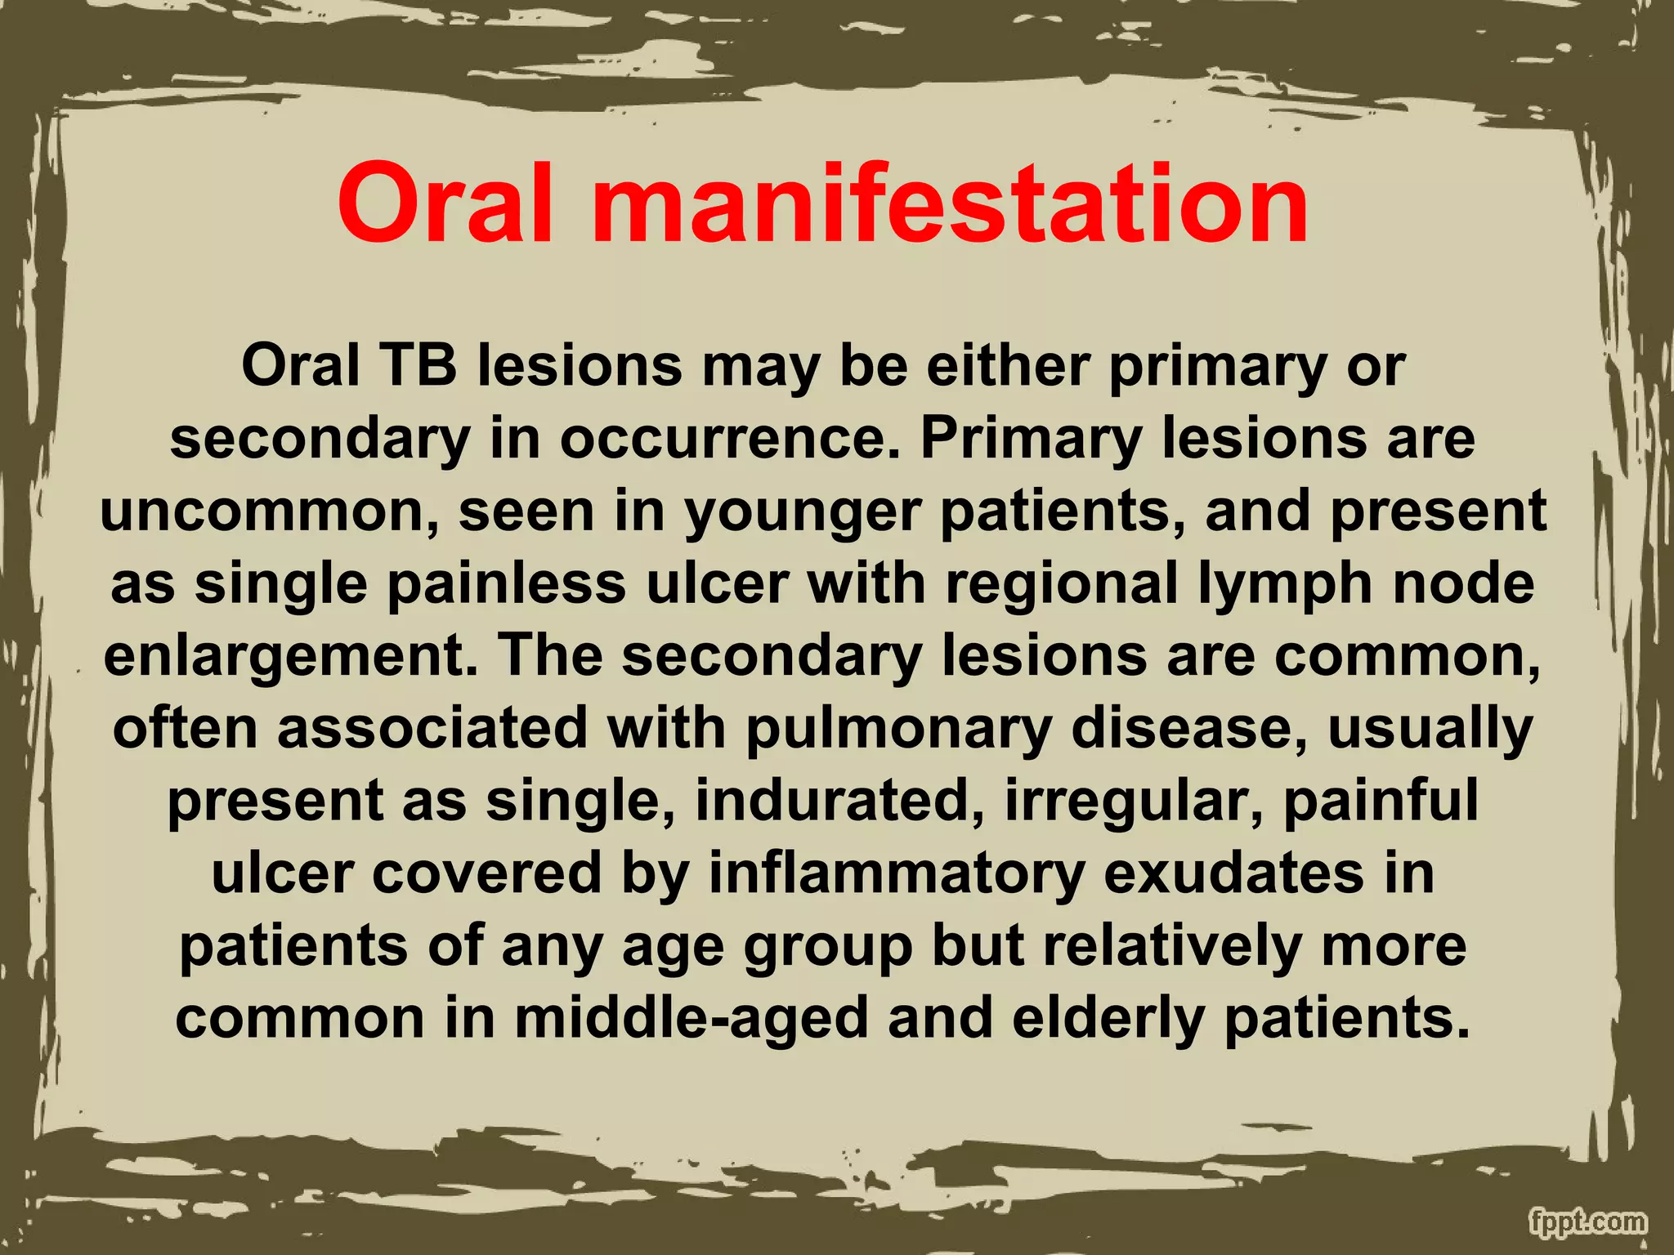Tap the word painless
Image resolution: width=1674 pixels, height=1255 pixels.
click(507, 583)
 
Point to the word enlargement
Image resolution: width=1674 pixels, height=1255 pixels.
click(289, 657)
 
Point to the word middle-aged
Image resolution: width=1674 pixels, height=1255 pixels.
click(691, 1018)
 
